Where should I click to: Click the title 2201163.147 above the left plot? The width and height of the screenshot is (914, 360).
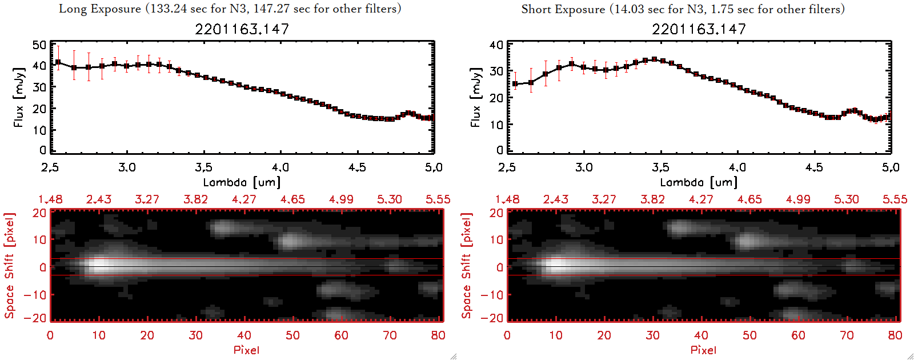click(242, 29)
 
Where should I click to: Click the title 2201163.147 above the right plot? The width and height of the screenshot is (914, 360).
click(699, 29)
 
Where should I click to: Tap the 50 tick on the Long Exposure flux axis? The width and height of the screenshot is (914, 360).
click(39, 45)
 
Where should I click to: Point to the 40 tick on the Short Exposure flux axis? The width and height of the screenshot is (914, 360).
click(496, 45)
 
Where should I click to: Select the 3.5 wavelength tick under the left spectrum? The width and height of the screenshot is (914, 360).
click(203, 167)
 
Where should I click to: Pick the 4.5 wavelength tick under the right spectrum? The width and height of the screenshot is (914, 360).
click(814, 167)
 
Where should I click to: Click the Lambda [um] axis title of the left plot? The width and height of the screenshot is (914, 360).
click(242, 182)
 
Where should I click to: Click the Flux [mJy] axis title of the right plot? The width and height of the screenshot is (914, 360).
click(475, 97)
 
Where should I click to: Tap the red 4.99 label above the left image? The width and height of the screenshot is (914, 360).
click(341, 199)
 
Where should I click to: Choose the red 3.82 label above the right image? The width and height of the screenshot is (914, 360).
click(652, 199)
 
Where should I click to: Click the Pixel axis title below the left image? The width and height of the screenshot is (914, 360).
click(246, 350)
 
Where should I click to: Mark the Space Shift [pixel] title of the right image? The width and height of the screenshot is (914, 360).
click(467, 266)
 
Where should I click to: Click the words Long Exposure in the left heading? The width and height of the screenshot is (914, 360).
click(100, 9)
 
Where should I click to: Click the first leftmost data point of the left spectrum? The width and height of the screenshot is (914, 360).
click(58, 62)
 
